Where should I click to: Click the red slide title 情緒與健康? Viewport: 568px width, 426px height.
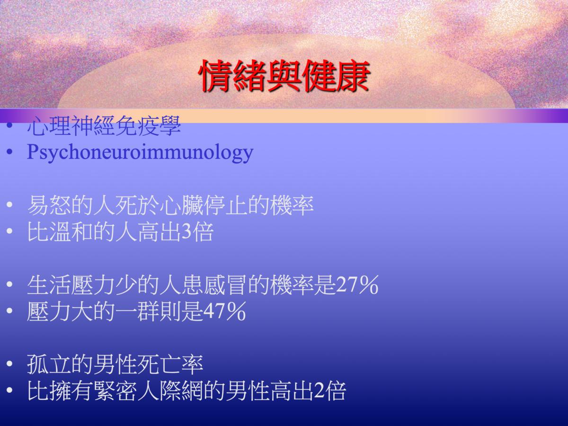pyautogui.click(x=284, y=76)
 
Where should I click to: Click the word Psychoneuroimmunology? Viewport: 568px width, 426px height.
pyautogui.click(x=140, y=152)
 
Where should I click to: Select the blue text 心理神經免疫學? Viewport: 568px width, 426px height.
pyautogui.click(x=104, y=126)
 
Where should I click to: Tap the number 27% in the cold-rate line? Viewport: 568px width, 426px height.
pyautogui.click(x=357, y=285)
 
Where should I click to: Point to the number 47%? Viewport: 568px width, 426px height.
pyautogui.click(x=224, y=311)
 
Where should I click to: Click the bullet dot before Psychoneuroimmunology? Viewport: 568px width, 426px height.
pyautogui.click(x=9, y=152)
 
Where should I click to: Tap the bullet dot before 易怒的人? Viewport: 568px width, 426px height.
pyautogui.click(x=9, y=205)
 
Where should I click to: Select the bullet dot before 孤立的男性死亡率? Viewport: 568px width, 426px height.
pyautogui.click(x=9, y=364)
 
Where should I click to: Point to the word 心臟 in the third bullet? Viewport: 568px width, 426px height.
pyautogui.click(x=182, y=205)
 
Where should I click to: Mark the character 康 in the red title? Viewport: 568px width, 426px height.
pyautogui.click(x=353, y=76)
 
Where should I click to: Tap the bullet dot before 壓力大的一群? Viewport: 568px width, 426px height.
pyautogui.click(x=9, y=311)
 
